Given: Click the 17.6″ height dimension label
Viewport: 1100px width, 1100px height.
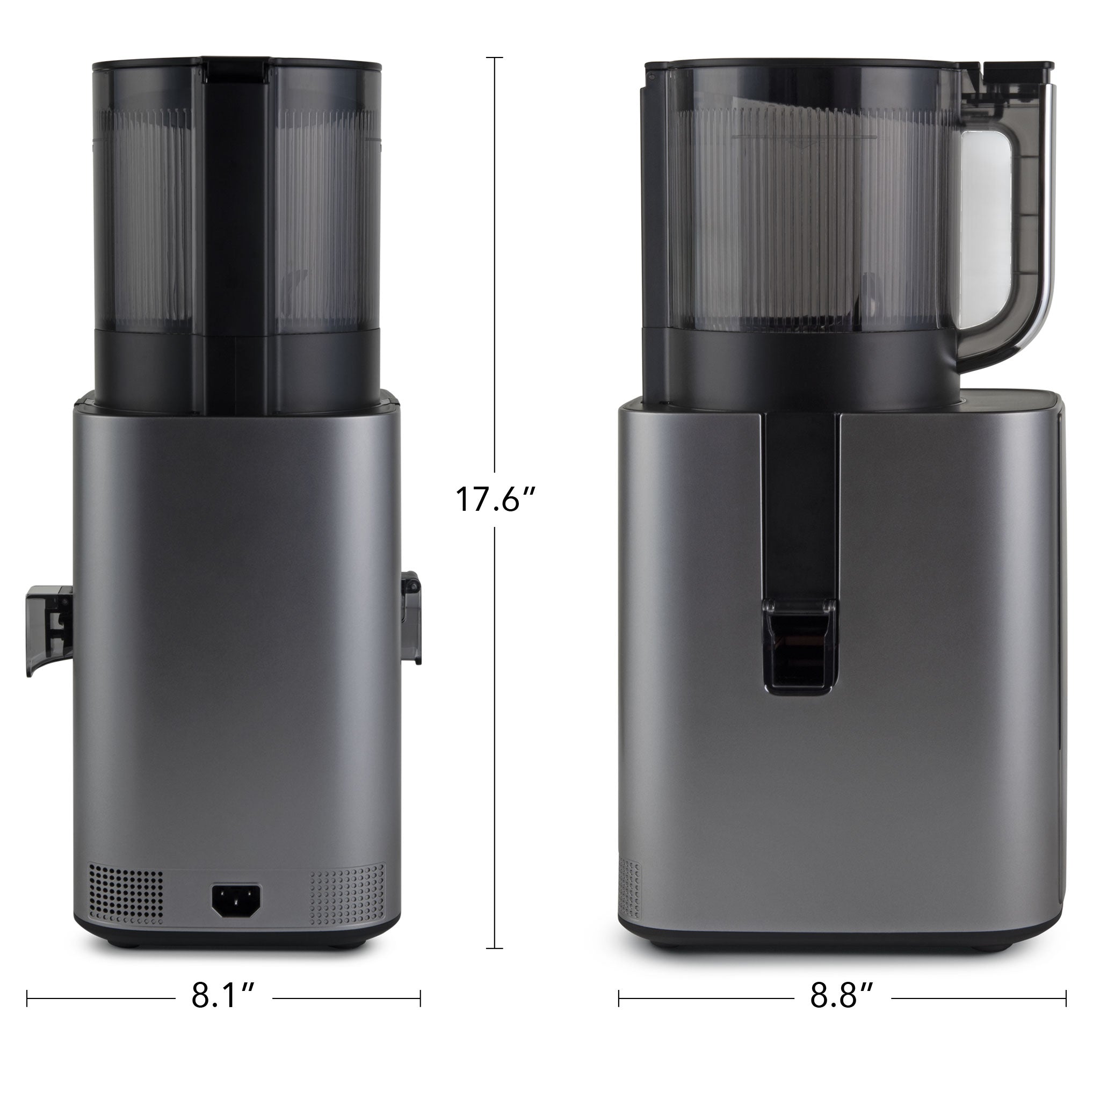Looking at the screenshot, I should (x=495, y=499).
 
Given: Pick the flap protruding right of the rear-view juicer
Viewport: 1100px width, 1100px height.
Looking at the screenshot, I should (x=411, y=618).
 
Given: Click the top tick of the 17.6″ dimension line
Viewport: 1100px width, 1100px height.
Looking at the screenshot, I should (x=495, y=58).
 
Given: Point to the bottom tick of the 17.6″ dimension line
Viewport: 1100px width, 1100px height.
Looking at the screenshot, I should (x=495, y=949).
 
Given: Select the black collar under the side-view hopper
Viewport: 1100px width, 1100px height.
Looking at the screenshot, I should (x=797, y=370).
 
